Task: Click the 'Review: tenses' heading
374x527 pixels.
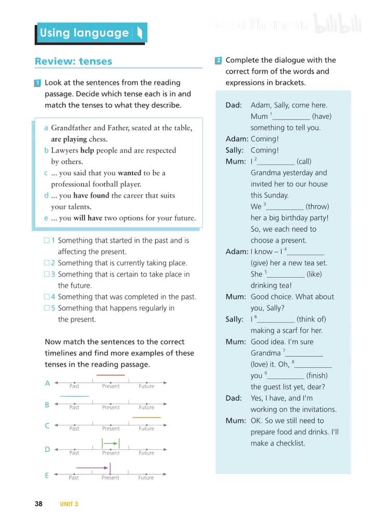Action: [x=73, y=61]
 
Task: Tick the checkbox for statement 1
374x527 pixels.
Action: [x=47, y=240]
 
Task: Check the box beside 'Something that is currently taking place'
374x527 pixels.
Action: [x=47, y=263]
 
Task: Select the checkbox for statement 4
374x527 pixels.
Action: [x=47, y=297]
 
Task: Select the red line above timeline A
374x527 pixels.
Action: [x=111, y=375]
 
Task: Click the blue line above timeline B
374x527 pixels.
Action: [x=74, y=396]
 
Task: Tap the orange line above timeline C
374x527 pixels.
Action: [x=146, y=417]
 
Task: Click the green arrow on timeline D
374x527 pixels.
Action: [x=110, y=443]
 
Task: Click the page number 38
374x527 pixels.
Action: [x=39, y=504]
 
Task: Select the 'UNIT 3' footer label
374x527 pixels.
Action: [x=69, y=504]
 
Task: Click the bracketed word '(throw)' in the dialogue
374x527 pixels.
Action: [x=317, y=206]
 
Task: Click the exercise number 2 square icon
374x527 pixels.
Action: [x=219, y=60]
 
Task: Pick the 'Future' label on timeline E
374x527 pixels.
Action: [x=146, y=478]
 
